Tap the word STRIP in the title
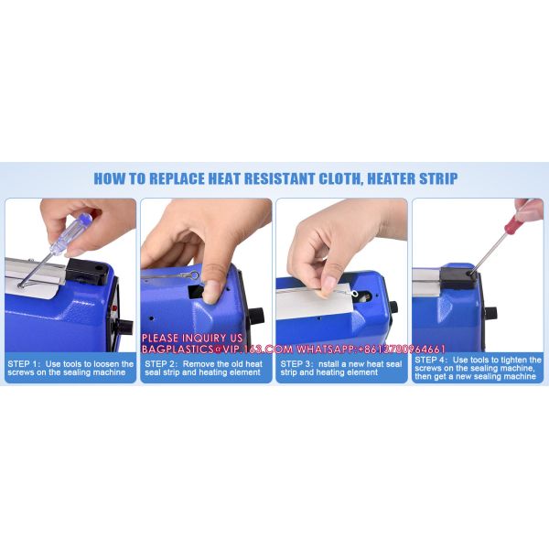pos(434,178)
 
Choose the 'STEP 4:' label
pos(437,361)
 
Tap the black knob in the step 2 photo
pos(257,316)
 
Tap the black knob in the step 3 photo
pos(393,307)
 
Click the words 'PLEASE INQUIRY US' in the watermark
pos(192,339)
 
